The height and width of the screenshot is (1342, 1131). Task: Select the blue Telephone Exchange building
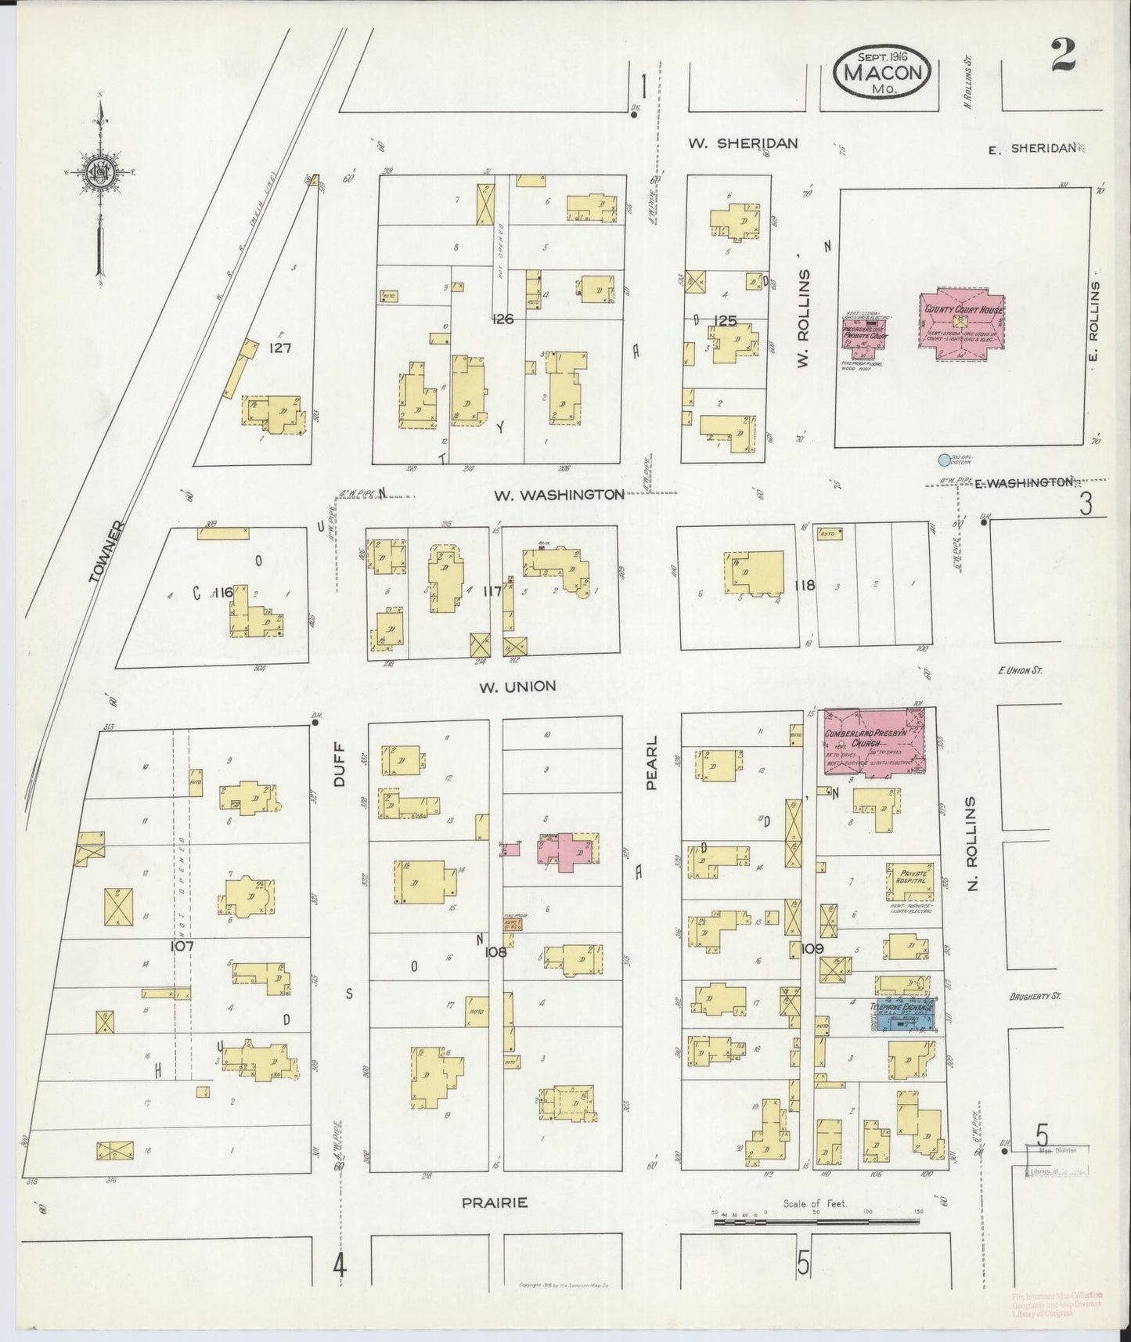click(x=904, y=1015)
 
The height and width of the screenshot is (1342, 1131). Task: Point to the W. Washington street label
click(x=559, y=495)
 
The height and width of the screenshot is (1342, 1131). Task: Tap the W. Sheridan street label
click(x=743, y=143)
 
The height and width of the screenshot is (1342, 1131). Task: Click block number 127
click(x=279, y=348)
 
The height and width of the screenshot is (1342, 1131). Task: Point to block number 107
click(x=182, y=945)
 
